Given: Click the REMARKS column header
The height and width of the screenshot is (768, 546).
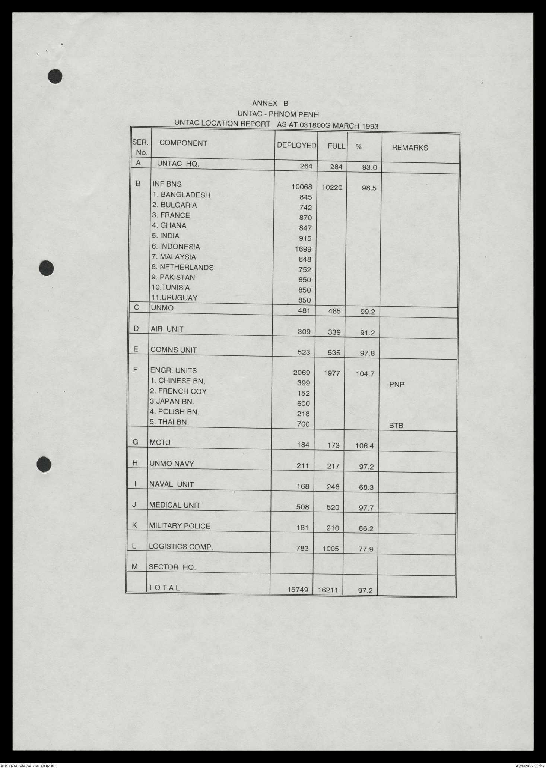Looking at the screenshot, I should click(410, 148).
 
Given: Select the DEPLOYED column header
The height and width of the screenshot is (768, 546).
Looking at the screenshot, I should click(296, 146).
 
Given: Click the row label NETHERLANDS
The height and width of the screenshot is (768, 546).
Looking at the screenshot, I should click(186, 268).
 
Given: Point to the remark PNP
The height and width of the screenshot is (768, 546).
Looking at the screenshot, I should click(397, 385).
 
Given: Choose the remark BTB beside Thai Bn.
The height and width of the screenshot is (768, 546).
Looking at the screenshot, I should click(396, 426).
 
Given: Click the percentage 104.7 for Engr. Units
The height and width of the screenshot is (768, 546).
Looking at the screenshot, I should click(365, 373).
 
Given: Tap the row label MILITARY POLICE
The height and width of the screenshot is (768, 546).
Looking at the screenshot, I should click(180, 526).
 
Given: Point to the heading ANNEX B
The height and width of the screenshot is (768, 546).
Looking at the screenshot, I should click(270, 104).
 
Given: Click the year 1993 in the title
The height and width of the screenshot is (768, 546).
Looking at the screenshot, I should click(369, 126).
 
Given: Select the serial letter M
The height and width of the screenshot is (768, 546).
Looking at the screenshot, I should click(135, 566).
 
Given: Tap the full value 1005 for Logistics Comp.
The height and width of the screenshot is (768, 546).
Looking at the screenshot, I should click(330, 549).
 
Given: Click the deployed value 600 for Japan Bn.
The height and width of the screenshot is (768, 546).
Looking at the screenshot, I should click(303, 404).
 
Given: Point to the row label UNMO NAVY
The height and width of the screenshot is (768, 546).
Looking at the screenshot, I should click(171, 464).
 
